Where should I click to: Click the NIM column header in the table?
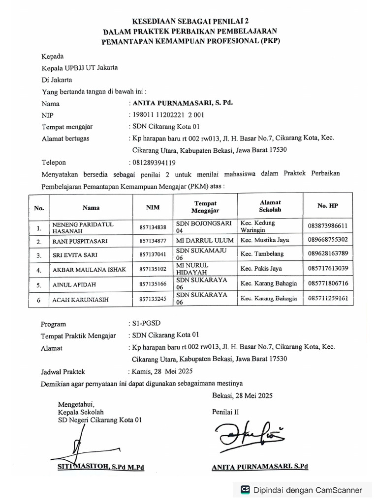(153, 207)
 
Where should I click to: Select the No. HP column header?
(327, 206)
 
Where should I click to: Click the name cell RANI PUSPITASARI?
(80, 241)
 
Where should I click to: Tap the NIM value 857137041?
(153, 254)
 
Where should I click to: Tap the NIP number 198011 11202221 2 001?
(166, 115)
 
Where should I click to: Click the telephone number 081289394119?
(153, 162)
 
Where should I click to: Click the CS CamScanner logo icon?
(245, 490)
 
